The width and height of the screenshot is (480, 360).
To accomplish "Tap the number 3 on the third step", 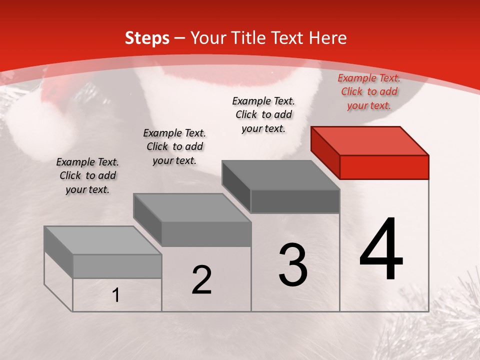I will pos(293,265).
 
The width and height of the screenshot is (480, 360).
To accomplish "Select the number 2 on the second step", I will pos(201,280).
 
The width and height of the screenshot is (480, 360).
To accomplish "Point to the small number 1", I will pos(116,295).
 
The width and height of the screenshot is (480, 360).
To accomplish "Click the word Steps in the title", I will pos(147,38).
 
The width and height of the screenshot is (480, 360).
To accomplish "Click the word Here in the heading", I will pos(328,38).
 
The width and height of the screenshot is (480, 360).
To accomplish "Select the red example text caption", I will pos(369,91).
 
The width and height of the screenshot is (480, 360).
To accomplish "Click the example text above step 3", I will pos(263,114).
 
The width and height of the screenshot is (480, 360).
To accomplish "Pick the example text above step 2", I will pos(174,146).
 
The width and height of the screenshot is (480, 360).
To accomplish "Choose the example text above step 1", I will pos(87,175).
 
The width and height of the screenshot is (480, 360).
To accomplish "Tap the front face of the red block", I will pos(384,167).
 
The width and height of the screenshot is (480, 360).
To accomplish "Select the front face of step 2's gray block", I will pos(206,234).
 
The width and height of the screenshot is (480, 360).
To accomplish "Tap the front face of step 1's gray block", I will pos(117,266).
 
